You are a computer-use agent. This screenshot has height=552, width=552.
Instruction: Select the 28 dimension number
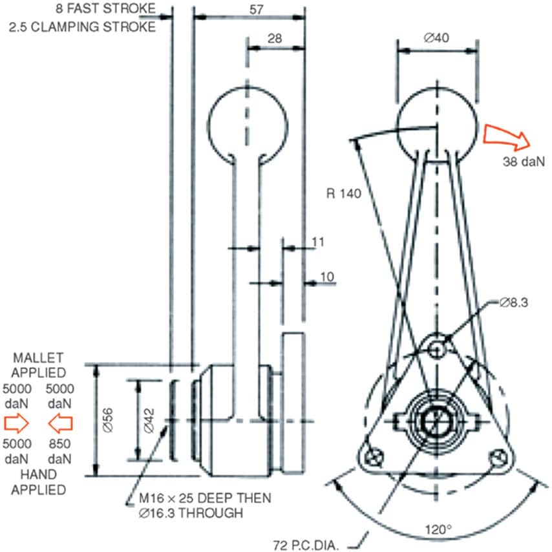275,39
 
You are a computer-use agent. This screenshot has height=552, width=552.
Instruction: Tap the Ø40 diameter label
436,37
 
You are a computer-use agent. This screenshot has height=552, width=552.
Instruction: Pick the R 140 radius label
345,193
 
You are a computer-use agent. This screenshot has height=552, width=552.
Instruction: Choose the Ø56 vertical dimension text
108,420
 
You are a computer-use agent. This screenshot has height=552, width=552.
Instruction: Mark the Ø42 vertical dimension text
148,420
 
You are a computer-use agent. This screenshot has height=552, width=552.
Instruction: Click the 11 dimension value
317,242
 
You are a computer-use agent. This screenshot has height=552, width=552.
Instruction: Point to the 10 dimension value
327,277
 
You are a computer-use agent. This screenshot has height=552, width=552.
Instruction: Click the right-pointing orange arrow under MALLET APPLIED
16,423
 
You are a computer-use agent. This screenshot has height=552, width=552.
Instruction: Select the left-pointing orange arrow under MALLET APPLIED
59,423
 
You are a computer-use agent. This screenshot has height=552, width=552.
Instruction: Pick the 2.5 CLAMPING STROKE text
82,27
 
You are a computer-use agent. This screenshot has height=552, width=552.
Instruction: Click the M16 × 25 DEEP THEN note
205,499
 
